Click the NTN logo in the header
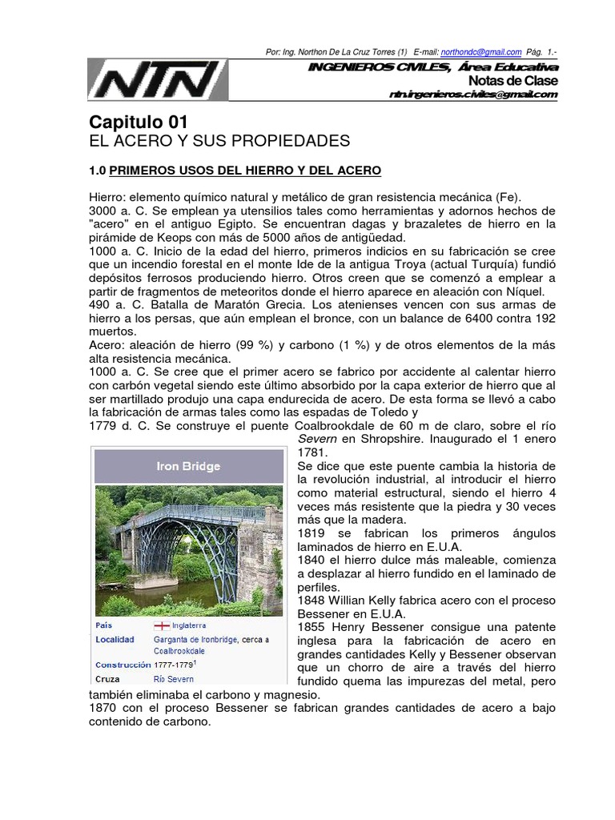pyautogui.click(x=158, y=81)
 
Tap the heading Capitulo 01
pyautogui.click(x=138, y=123)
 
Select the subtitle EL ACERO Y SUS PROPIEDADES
pyautogui.click(x=219, y=142)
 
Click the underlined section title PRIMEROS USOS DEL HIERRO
pyautogui.click(x=245, y=171)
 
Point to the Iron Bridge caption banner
pyautogui.click(x=189, y=465)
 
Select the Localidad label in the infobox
pyautogui.click(x=115, y=640)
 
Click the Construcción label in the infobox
pyautogui.click(x=122, y=665)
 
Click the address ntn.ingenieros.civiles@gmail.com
pyautogui.click(x=472, y=94)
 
